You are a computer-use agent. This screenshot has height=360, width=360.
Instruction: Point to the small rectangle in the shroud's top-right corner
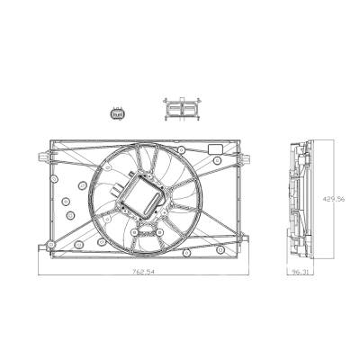point(216,148)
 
